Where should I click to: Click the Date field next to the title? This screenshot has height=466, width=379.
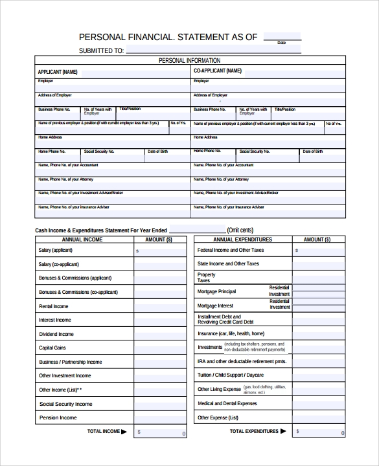tap(282, 36)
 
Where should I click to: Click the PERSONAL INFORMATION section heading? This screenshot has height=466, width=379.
tap(189, 60)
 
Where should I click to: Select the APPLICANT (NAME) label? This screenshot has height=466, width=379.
tap(58, 71)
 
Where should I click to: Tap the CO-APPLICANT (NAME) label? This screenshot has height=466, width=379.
tap(217, 71)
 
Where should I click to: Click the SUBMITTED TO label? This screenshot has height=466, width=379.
tap(101, 50)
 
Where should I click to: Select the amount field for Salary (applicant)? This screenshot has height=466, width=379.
tap(161, 250)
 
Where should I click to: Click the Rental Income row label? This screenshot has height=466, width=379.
tap(53, 306)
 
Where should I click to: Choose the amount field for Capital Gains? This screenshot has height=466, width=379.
tap(161, 348)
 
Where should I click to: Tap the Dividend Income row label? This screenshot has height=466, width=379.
tap(56, 334)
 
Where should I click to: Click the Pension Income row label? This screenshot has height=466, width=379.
tap(58, 418)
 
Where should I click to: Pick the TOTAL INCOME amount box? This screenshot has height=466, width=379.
tap(161, 432)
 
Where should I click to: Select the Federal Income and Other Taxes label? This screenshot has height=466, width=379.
tap(231, 250)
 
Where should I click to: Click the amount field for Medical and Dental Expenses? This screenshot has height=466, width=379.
tap(318, 404)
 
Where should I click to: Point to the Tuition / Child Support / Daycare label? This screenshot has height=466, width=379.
tap(230, 375)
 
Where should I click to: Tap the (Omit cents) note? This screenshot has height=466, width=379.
tap(240, 230)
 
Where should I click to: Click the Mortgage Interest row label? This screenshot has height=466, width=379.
tap(215, 305)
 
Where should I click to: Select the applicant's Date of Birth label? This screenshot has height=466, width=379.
tap(158, 151)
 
